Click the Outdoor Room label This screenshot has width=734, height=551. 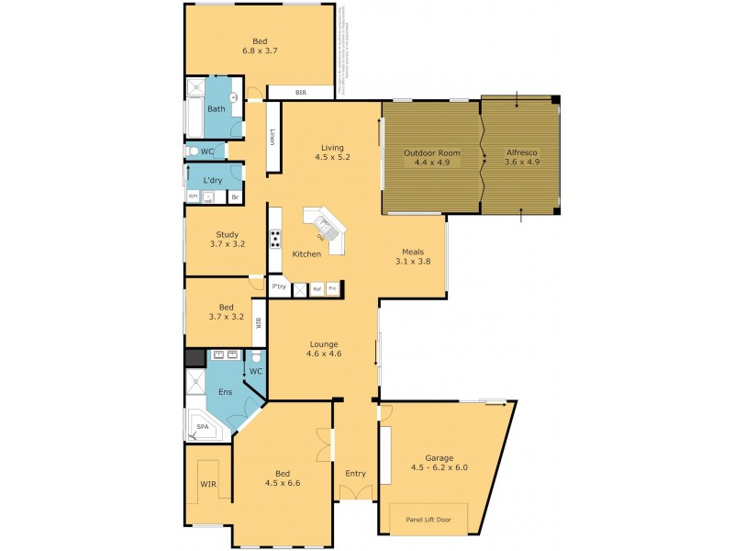(432, 152)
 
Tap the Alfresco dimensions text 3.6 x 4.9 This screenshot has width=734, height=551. (522, 163)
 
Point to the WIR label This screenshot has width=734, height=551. (208, 483)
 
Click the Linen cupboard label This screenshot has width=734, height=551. (272, 137)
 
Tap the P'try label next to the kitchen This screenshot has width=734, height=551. (279, 288)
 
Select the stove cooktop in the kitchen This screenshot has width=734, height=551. (274, 240)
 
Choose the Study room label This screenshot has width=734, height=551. (227, 234)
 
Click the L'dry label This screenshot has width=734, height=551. (213, 180)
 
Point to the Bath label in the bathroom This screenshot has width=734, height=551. (216, 109)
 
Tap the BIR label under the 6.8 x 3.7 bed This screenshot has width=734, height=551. (300, 93)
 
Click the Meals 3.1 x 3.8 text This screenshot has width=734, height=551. (412, 262)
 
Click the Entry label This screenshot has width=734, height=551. (355, 474)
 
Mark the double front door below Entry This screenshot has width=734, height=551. (355, 493)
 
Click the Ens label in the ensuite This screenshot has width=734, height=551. (224, 391)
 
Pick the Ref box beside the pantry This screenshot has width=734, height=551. (317, 288)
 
